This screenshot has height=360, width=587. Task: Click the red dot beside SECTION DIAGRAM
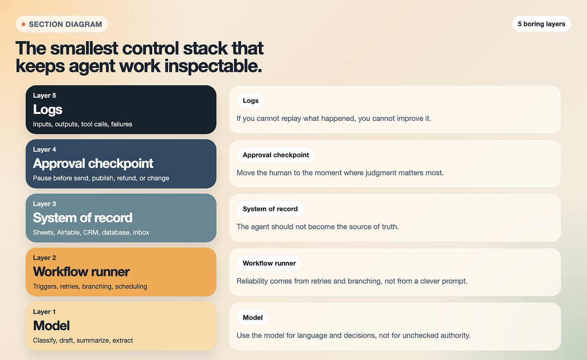click(x=23, y=24)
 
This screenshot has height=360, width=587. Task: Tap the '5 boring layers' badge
click(x=541, y=24)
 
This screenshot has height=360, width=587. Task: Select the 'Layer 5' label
click(x=44, y=95)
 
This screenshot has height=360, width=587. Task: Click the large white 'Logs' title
click(x=47, y=110)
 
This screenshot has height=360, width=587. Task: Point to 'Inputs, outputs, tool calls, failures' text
click(x=83, y=124)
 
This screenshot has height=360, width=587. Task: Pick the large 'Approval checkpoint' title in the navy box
click(x=93, y=163)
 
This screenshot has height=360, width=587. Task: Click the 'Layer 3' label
click(x=44, y=204)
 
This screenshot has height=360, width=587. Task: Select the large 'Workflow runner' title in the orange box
click(x=81, y=271)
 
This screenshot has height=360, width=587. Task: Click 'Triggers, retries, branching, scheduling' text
click(x=90, y=286)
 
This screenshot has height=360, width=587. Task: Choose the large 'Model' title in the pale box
click(x=51, y=326)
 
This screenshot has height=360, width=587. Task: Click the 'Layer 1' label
click(x=44, y=312)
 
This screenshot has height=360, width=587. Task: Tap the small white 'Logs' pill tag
click(x=251, y=100)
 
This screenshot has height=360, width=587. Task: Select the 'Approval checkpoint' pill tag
click(x=276, y=155)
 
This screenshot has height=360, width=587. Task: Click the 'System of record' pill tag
click(x=270, y=209)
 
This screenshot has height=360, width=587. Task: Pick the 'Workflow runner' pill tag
click(x=269, y=263)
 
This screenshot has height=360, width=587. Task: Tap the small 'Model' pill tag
click(x=252, y=318)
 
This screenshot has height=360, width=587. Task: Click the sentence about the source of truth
click(x=318, y=227)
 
